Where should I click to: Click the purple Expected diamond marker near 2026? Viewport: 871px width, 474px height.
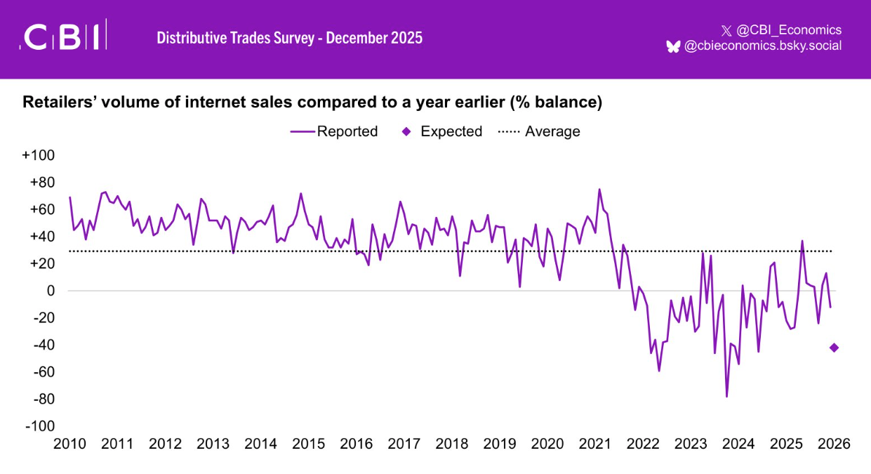(x=834, y=348)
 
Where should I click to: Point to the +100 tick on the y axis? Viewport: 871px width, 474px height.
(x=39, y=155)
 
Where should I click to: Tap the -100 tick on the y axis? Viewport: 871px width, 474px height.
(x=40, y=426)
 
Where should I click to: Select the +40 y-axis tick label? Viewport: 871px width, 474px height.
(x=41, y=237)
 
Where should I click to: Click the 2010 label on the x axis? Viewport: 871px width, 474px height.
(x=69, y=445)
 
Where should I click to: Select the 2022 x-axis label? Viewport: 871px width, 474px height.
(x=644, y=445)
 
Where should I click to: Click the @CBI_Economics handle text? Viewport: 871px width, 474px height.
(x=789, y=30)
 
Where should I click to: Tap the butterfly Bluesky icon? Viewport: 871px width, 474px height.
(x=673, y=46)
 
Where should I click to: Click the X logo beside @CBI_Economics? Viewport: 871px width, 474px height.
(x=726, y=30)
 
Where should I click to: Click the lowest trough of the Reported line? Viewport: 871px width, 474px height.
(x=726, y=397)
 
